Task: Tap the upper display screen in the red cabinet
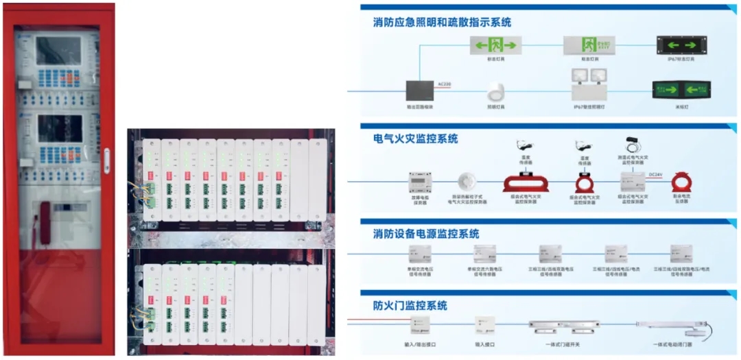pyautogui.click(x=59, y=50)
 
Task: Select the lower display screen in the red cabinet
pyautogui.click(x=59, y=128)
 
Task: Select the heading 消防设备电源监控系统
pyautogui.click(x=426, y=234)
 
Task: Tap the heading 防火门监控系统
pyautogui.click(x=410, y=305)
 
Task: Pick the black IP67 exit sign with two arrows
pyautogui.click(x=680, y=45)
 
